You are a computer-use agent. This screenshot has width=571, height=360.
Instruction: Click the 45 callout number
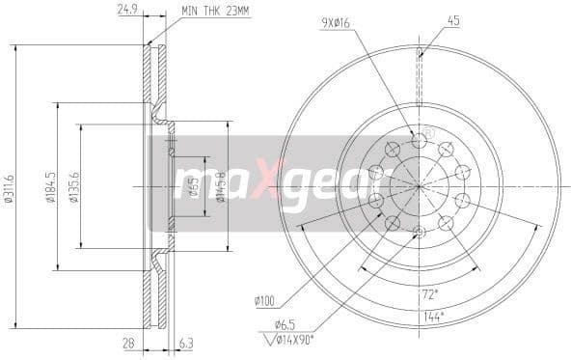point(452,20)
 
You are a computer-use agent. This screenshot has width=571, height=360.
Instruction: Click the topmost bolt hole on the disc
point(418,141)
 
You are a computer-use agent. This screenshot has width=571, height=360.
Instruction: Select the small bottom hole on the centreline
point(418,231)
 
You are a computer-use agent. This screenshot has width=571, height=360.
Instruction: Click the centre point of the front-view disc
point(418,184)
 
